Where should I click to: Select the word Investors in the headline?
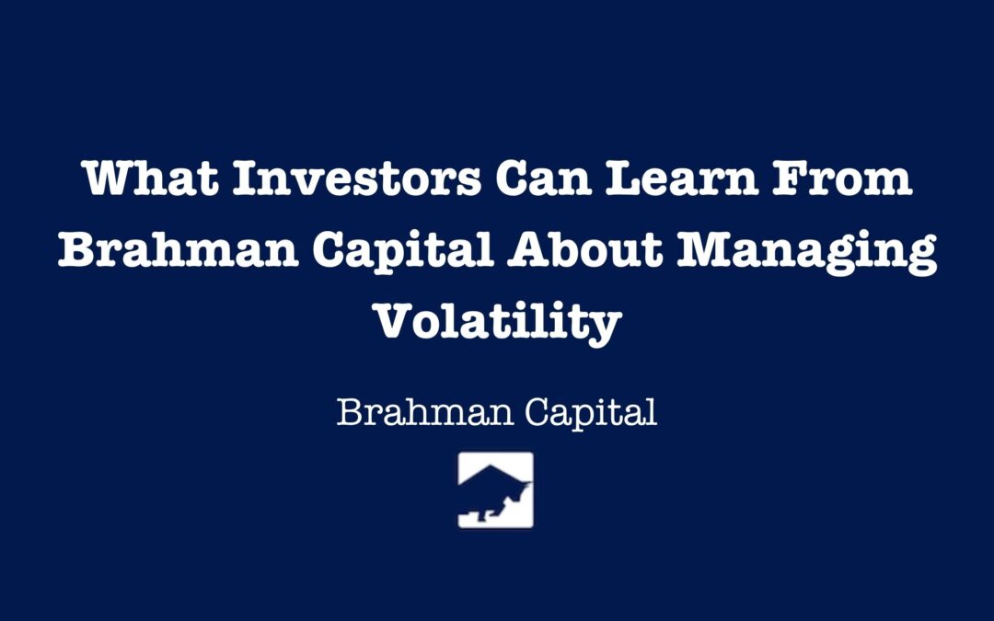pos(355,178)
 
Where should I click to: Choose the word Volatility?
pos(497,321)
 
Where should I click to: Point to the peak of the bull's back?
pos(491,466)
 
